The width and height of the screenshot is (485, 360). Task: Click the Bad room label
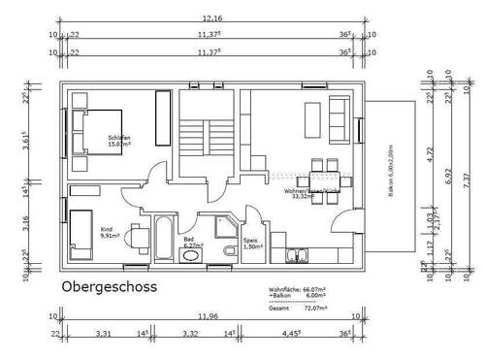(189, 239)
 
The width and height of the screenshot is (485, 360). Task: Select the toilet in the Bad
(229, 251)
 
